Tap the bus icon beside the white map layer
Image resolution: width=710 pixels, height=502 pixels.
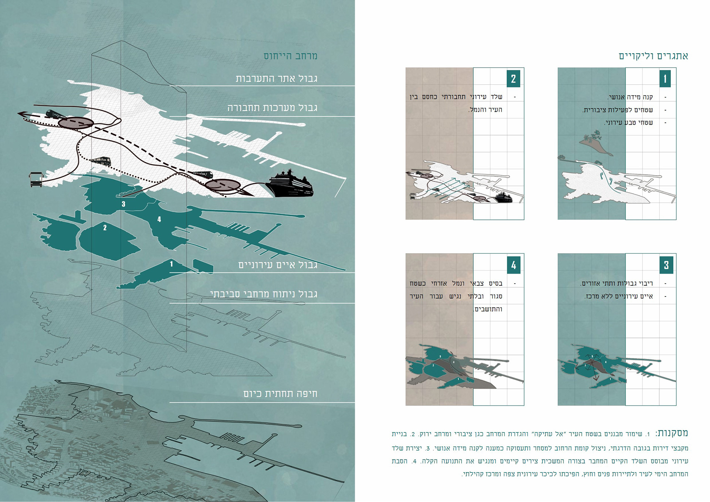point(36,179)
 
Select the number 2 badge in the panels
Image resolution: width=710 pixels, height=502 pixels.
point(513,79)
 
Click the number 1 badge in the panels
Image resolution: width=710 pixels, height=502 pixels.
point(665,79)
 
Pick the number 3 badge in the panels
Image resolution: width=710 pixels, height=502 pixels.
point(666,265)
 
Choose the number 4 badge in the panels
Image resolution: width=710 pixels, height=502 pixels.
point(514,265)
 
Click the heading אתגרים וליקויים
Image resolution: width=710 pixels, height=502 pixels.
point(653,56)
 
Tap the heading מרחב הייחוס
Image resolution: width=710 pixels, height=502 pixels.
point(290,56)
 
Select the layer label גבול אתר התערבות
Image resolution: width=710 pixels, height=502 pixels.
point(276,79)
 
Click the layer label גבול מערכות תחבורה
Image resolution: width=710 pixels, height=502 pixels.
point(272,108)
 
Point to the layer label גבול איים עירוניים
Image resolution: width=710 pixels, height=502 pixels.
point(278,265)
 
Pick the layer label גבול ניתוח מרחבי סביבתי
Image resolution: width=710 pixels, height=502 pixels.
point(264,294)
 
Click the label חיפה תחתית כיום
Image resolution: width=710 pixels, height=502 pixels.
point(280,394)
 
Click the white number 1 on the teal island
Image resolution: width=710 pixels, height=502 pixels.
point(171,264)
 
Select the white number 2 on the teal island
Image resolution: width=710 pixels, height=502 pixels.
point(105,228)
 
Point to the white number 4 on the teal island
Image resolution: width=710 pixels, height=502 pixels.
point(159,219)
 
